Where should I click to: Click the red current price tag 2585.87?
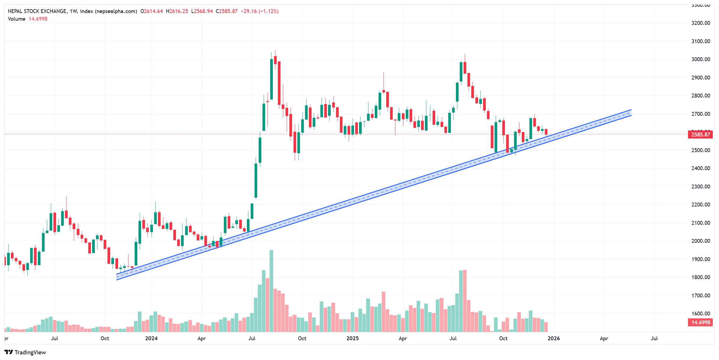[700, 135]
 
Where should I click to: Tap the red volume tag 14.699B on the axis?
[700, 322]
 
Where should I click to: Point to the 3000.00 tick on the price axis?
[700, 59]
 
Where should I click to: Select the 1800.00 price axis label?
[700, 277]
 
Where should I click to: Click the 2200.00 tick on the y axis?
[700, 205]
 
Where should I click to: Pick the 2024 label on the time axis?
[151, 338]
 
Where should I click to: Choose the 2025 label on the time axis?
[352, 338]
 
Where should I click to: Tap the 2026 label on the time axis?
[554, 338]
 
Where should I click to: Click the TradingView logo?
[25, 352]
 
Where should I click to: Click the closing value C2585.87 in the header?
[226, 11]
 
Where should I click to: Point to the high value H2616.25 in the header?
[177, 11]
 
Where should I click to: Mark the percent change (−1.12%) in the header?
[268, 11]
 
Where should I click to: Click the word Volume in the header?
[17, 19]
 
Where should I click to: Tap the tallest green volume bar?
[271, 291]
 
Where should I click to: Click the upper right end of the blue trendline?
[631, 113]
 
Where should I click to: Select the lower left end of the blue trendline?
[117, 277]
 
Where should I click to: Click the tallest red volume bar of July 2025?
[465, 301]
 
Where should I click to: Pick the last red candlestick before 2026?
[546, 132]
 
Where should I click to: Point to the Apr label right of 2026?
[604, 338]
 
